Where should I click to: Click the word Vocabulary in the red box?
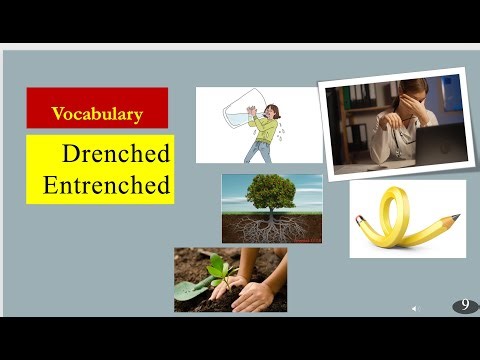(x=97, y=113)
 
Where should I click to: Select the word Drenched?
(x=116, y=154)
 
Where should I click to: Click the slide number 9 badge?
(x=465, y=306)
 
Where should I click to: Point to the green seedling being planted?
(x=217, y=267)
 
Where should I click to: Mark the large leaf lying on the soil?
(x=187, y=290)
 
